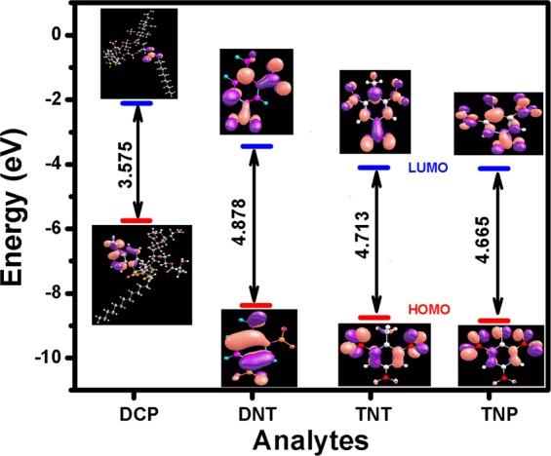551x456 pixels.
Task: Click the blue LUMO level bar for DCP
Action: (x=136, y=102)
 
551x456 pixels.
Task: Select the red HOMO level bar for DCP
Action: (x=136, y=221)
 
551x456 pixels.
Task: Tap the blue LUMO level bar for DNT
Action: (x=255, y=146)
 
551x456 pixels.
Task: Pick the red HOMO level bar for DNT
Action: (x=255, y=305)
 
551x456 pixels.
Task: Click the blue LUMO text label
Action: (x=427, y=169)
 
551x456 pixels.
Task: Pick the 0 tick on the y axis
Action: (x=56, y=35)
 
